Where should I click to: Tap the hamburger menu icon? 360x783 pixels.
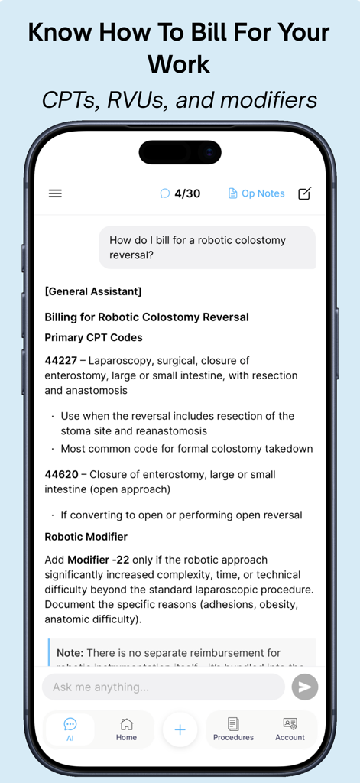click(55, 193)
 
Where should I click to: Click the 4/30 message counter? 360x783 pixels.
click(180, 193)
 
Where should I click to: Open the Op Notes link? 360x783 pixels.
click(256, 193)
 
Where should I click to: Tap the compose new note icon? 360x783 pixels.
click(304, 193)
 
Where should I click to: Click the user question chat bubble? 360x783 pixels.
click(206, 247)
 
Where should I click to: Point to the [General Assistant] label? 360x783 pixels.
click(92, 291)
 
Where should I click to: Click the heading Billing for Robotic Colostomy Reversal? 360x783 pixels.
click(146, 317)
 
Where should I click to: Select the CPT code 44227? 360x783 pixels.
click(61, 361)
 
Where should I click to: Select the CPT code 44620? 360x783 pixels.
click(61, 474)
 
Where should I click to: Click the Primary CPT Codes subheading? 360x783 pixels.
click(93, 337)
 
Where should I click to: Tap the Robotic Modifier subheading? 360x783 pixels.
click(86, 537)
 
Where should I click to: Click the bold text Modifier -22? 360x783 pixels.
click(98, 560)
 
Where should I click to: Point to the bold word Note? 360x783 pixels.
click(70, 653)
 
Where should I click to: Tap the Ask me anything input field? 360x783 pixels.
click(163, 687)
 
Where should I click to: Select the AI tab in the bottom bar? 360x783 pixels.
click(70, 728)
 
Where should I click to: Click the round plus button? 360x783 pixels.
click(180, 729)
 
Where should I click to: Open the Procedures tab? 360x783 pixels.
click(233, 728)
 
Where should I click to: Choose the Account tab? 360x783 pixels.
click(290, 728)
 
